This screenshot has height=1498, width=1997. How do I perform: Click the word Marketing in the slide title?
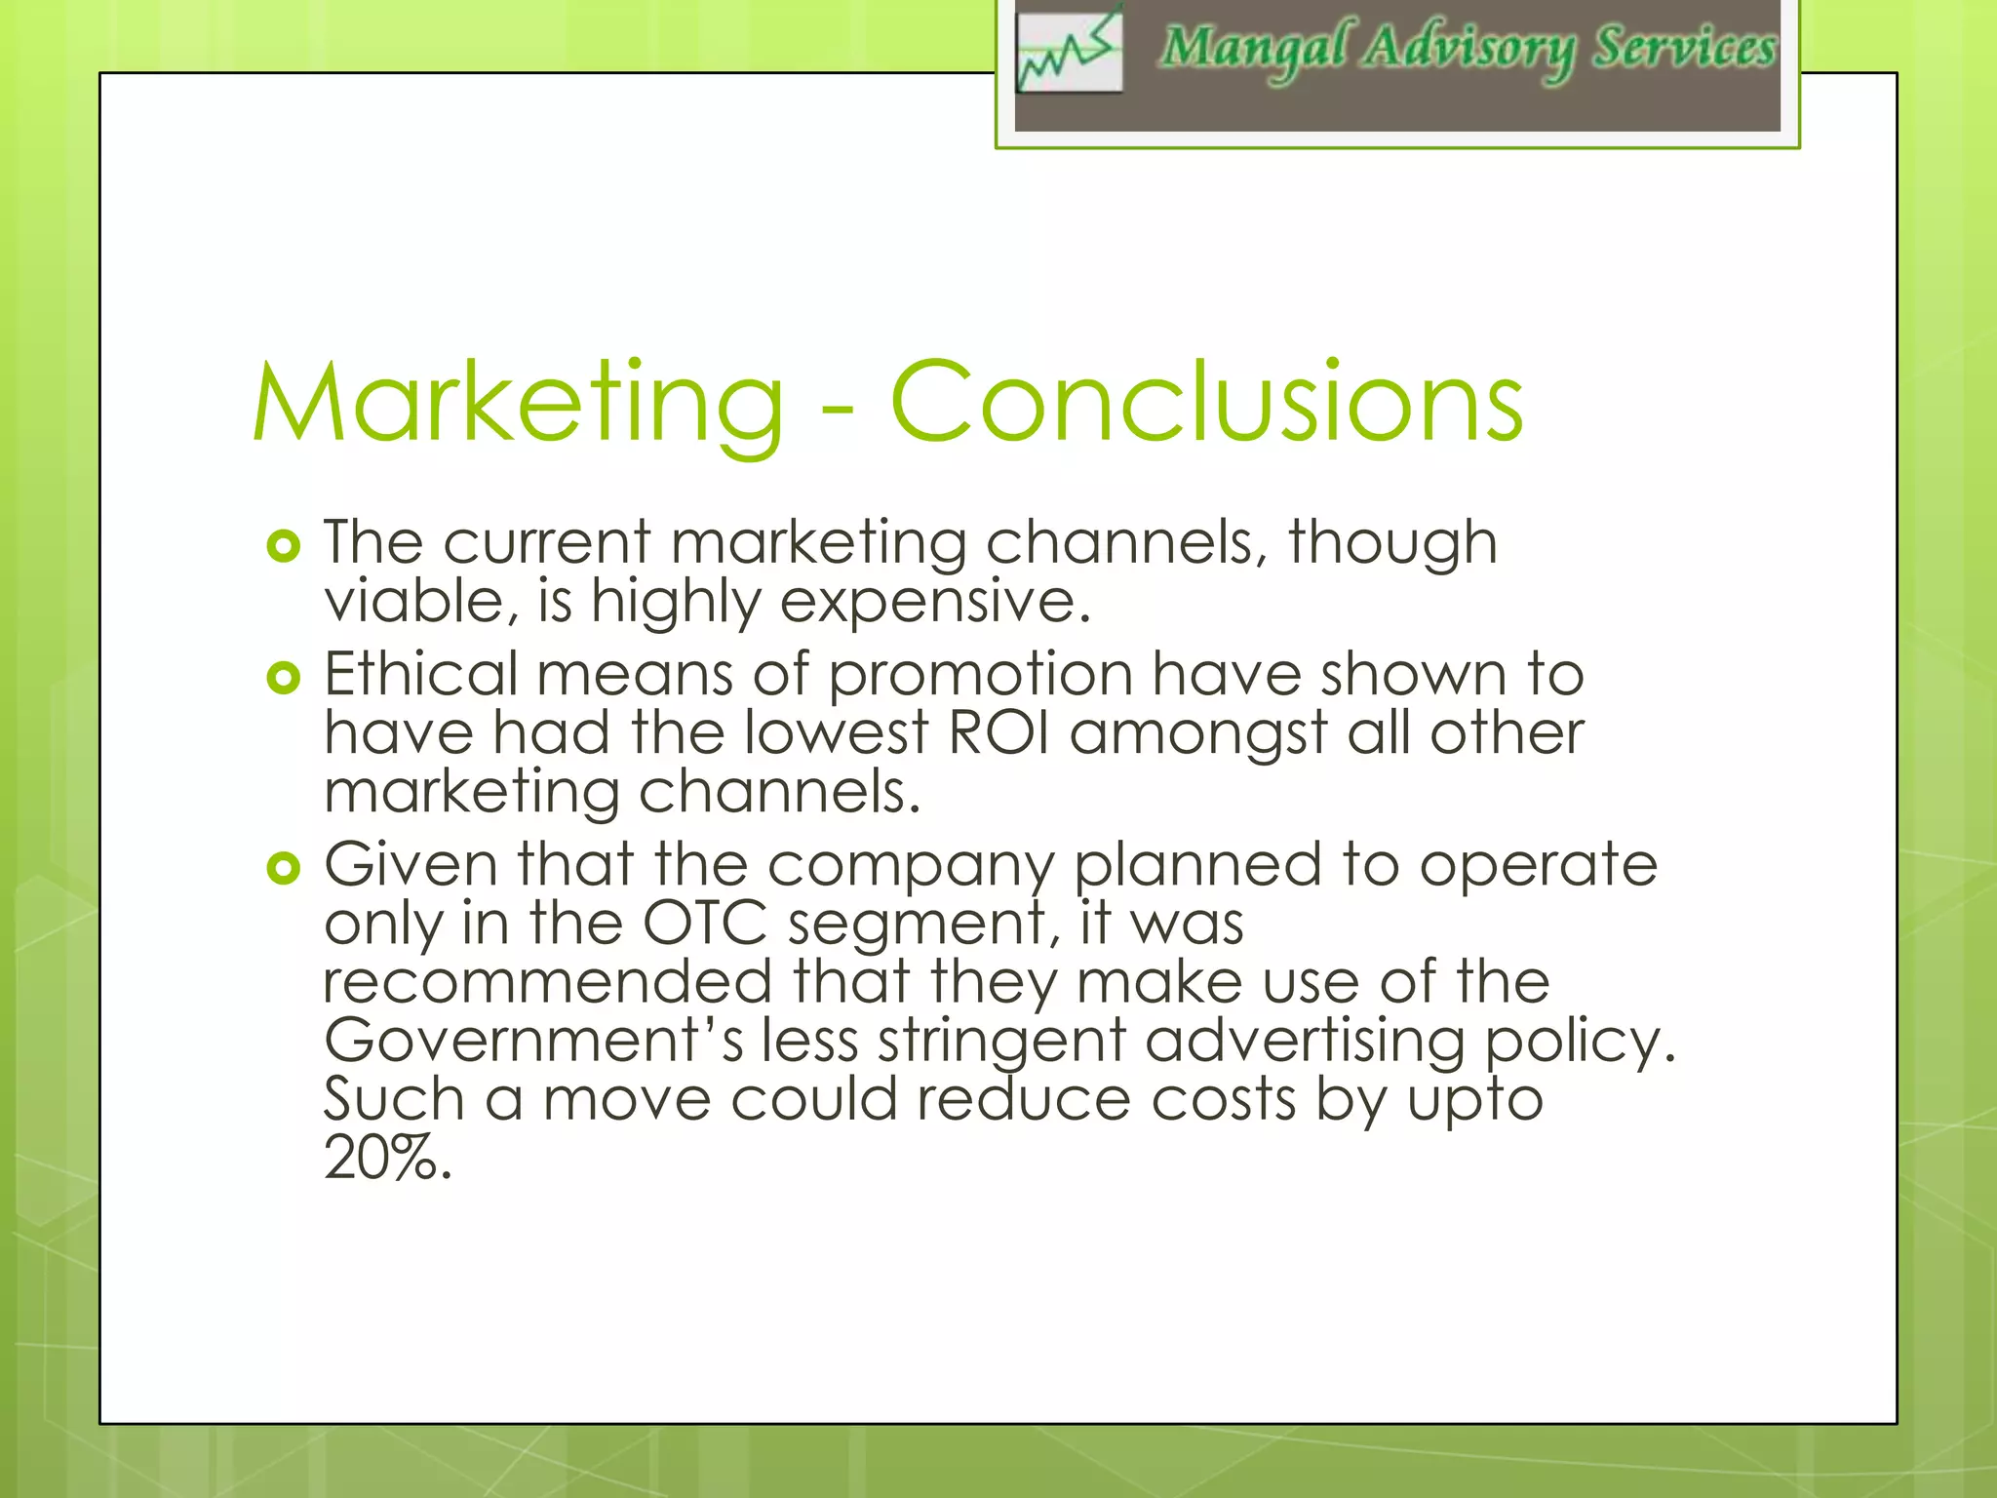point(518,404)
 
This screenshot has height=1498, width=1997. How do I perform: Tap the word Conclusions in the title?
point(1206,402)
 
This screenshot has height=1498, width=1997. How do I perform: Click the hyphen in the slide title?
point(838,411)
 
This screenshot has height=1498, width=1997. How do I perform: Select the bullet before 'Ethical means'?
point(283,677)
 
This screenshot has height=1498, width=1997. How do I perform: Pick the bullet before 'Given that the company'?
point(283,867)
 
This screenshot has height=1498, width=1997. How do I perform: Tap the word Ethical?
point(421,674)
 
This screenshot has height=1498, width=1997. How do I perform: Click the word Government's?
point(534,1041)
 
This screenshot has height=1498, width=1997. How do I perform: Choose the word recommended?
point(548,982)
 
